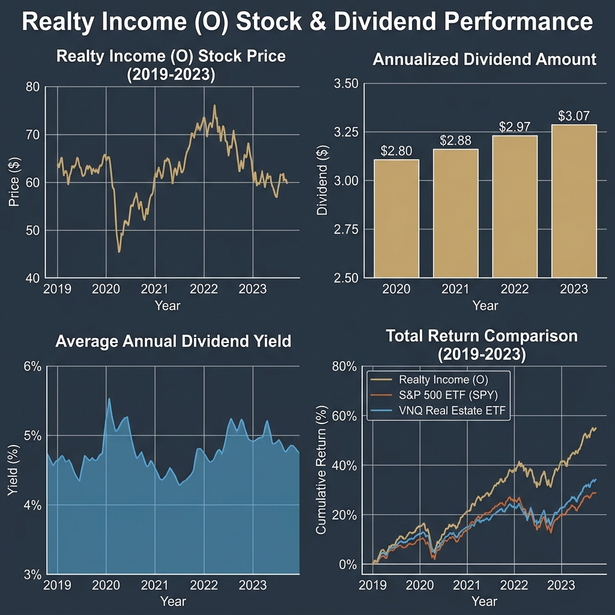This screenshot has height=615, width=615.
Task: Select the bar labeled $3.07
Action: tap(570, 201)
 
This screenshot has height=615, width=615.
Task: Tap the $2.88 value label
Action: tap(455, 141)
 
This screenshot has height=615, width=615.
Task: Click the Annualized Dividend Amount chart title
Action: tap(484, 59)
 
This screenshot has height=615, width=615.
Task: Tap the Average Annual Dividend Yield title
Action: tap(173, 342)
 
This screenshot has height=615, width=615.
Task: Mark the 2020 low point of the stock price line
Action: tap(119, 252)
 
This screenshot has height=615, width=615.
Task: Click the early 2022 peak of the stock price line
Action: tap(214, 106)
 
